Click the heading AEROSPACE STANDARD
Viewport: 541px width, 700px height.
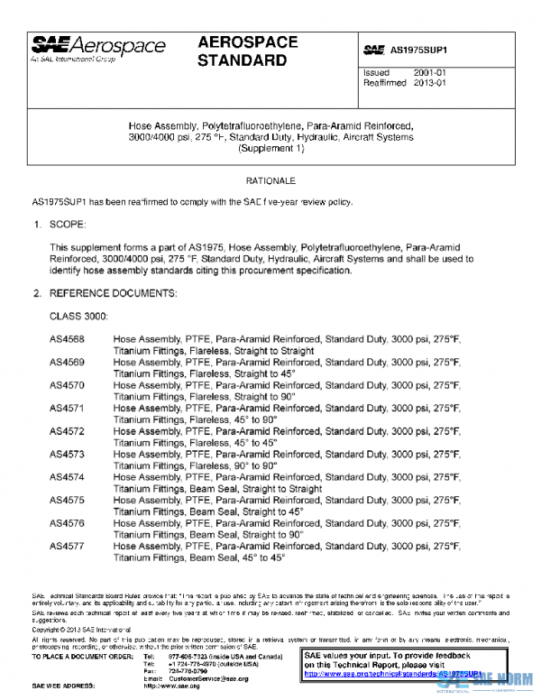[x=243, y=51]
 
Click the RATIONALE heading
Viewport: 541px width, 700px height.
[x=271, y=180]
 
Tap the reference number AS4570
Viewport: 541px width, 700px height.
[x=67, y=385]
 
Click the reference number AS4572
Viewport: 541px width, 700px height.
[x=67, y=431]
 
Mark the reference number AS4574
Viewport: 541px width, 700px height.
[x=67, y=477]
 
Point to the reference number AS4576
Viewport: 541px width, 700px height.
[x=67, y=523]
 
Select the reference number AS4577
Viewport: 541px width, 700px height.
[x=67, y=546]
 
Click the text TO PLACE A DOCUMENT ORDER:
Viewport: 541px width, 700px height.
[x=82, y=655]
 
